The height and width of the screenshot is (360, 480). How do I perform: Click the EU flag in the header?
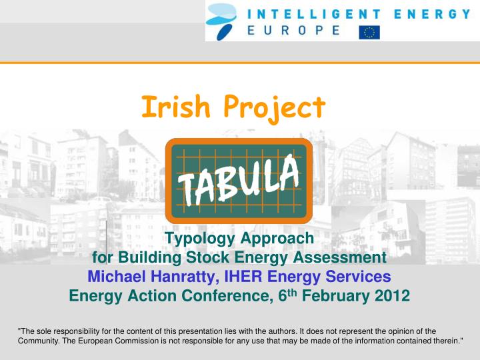pyautogui.click(x=369, y=31)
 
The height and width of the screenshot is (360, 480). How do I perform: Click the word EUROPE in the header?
pyautogui.click(x=294, y=31)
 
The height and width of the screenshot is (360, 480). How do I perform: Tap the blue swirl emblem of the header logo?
pyautogui.click(x=223, y=21)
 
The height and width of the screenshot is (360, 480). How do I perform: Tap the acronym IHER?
pyautogui.click(x=247, y=277)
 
